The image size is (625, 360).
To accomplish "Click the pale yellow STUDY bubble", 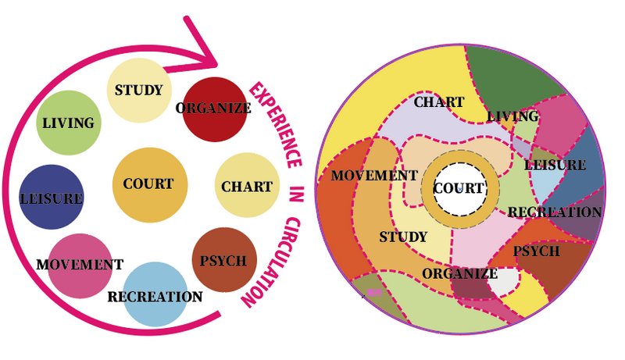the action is click(140, 90).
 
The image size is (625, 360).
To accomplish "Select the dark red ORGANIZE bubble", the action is click(215, 109).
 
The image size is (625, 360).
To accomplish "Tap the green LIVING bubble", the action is click(69, 123).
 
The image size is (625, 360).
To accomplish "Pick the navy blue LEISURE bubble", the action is click(52, 197).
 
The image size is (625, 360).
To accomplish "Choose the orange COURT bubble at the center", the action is click(150, 185).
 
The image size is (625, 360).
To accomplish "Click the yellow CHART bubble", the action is click(247, 185).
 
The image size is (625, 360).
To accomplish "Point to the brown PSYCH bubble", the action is click(224, 259).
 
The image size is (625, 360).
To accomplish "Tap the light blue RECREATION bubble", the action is click(155, 294).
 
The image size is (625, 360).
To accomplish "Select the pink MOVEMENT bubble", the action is click(80, 266).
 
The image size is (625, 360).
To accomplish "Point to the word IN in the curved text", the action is click(296, 194).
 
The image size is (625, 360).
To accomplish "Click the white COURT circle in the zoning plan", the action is click(460, 189).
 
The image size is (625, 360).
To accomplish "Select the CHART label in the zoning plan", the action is click(439, 102).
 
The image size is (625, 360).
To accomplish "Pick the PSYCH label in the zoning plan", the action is click(537, 251).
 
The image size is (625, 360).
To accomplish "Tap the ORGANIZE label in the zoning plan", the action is click(459, 273).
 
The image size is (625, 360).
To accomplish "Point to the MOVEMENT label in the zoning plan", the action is click(374, 176).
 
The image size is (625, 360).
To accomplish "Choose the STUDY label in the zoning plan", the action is click(403, 237).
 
